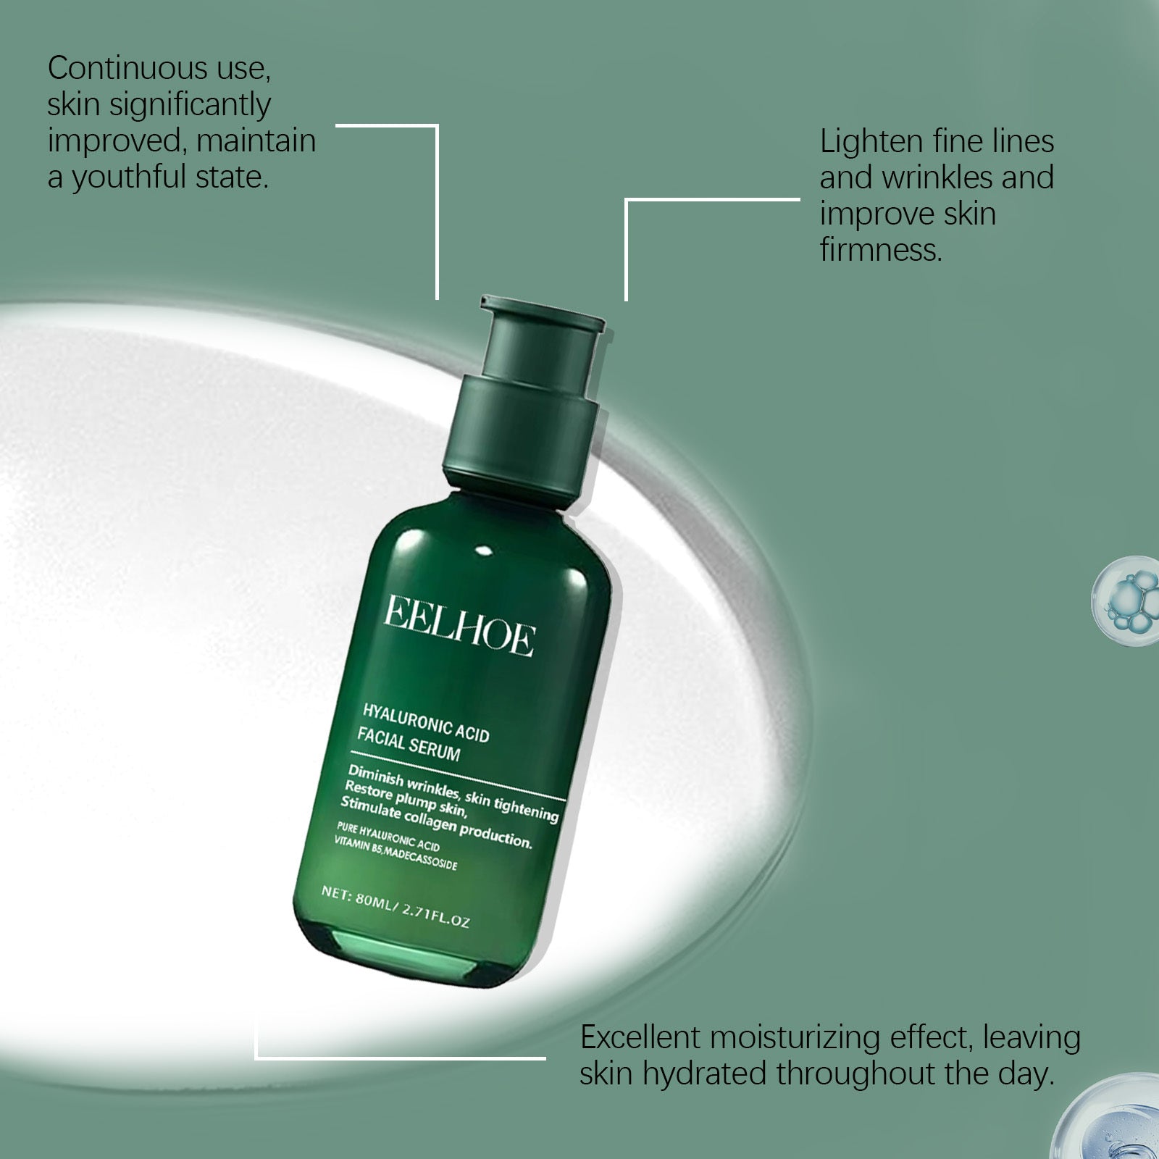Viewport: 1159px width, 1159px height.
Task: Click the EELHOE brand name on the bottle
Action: coord(459,626)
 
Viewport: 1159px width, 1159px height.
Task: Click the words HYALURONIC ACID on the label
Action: coord(425,721)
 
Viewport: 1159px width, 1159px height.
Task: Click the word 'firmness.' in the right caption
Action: coord(881,250)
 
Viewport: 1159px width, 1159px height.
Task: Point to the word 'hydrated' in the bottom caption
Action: coord(703,1074)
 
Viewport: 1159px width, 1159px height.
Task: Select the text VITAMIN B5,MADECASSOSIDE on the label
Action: coord(396,854)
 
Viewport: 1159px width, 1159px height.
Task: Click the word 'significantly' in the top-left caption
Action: coord(189,105)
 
